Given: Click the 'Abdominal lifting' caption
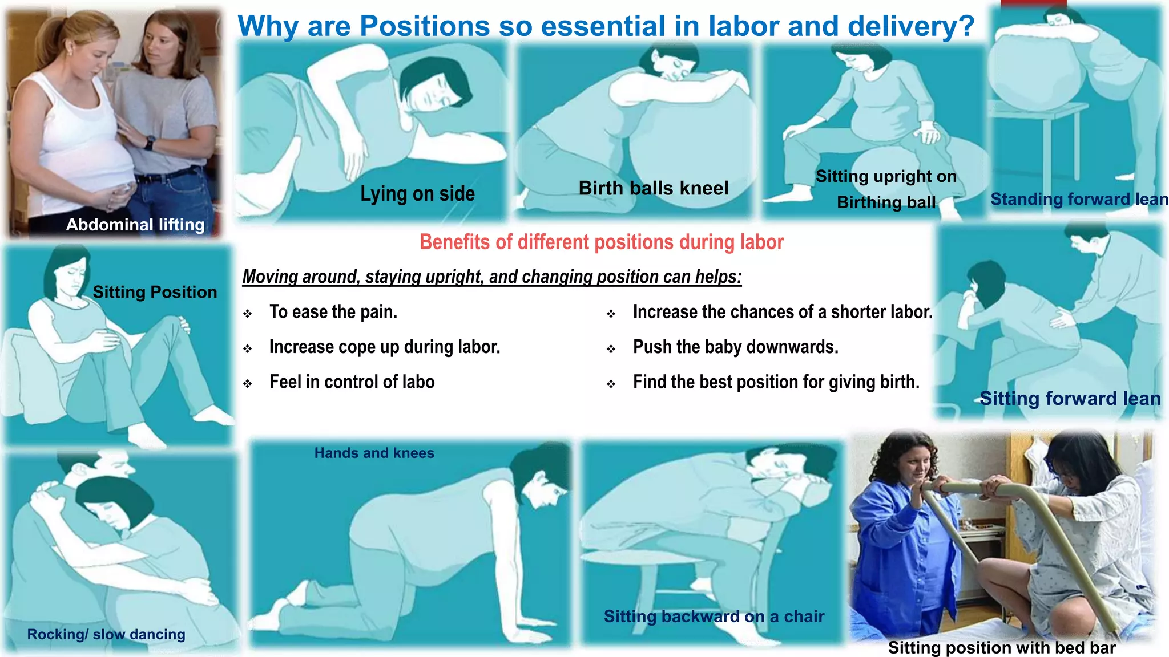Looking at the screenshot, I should coord(135,225).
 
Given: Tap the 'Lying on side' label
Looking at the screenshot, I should coord(417,194).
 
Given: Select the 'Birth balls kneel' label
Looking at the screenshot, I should coord(654,188).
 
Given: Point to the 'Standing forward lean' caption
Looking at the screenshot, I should coord(1079,199).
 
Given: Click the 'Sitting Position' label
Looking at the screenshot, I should coord(155,292).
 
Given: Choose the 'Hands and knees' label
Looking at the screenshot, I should coord(374,453).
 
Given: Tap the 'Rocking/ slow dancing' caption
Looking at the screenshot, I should coord(106,634).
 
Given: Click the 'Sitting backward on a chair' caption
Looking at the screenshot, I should coord(714,617).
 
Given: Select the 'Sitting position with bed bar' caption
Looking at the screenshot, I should coord(1002,648).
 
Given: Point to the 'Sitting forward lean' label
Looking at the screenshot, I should coord(1070,398).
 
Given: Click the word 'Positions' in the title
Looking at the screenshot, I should coord(425,26).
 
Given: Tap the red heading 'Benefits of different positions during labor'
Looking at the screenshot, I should coord(602,242).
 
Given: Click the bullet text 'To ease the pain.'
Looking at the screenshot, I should coord(333,312).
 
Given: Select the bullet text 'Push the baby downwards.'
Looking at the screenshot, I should coord(736,347).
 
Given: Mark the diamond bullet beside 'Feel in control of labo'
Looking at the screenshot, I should coord(247,384).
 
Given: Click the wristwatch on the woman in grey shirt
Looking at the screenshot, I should coord(150,141).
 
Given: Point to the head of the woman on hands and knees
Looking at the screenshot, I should coord(539,476).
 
